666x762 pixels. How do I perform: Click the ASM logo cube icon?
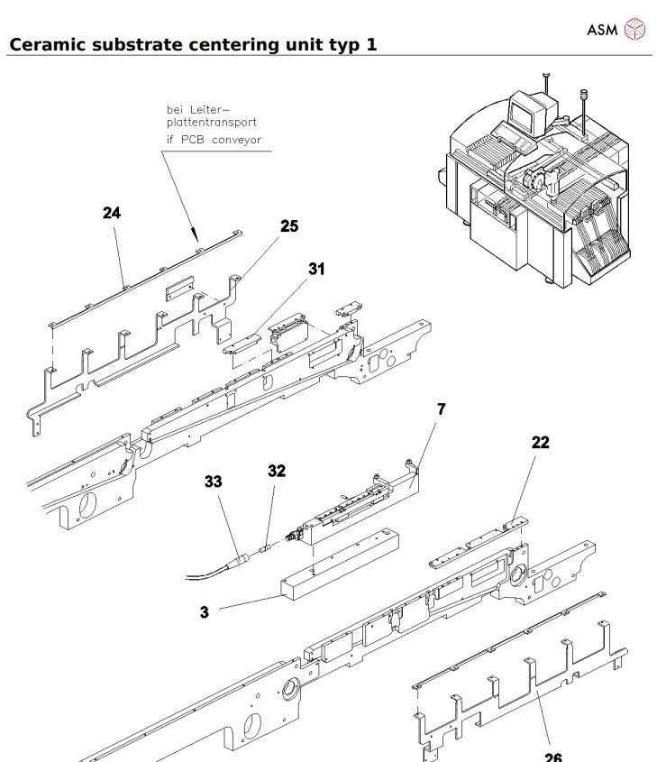click(634, 30)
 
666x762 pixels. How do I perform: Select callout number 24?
click(113, 213)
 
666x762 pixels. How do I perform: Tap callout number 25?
click(288, 226)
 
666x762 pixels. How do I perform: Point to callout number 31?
click(317, 269)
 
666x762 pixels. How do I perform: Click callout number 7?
click(441, 409)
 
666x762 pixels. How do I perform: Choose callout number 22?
click(540, 443)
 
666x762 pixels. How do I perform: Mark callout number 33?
click(213, 482)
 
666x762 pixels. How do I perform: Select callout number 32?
click(276, 471)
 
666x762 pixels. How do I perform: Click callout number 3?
click(205, 611)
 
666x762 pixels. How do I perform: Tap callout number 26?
click(552, 756)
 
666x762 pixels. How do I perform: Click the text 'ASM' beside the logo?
click(602, 31)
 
